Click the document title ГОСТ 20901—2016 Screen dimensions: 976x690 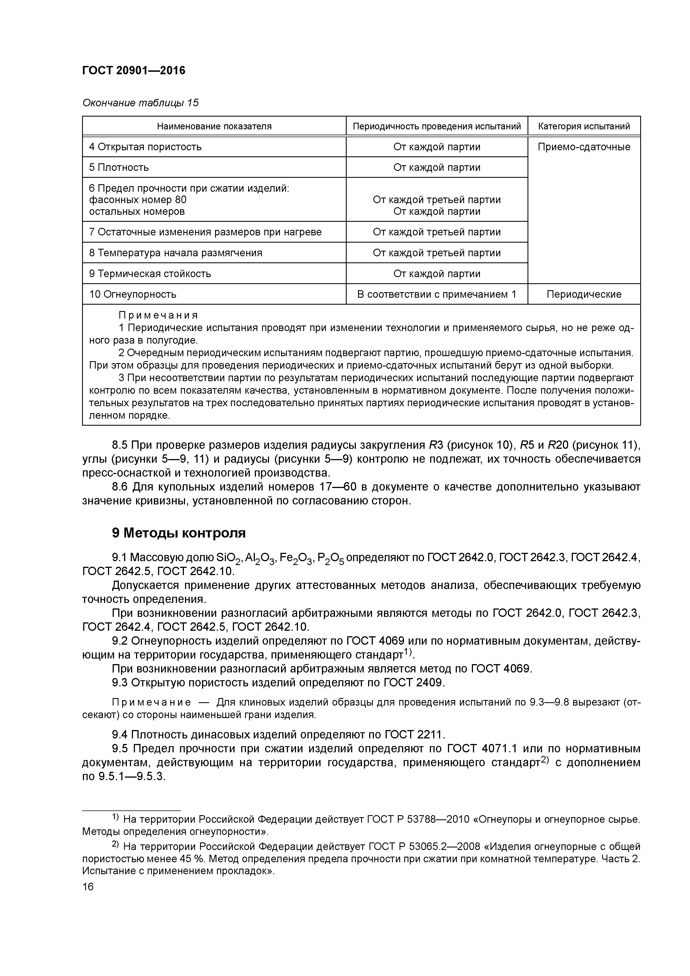point(134,70)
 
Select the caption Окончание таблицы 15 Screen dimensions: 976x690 point(140,103)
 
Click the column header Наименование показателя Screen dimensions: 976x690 point(214,126)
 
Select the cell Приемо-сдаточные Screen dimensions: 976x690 point(584,147)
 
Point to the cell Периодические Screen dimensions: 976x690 point(584,294)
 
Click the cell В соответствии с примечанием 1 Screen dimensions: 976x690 point(436,294)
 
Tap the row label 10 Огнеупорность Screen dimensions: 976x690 point(133,294)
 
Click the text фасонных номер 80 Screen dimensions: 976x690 point(137,200)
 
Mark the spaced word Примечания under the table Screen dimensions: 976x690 point(158,316)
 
